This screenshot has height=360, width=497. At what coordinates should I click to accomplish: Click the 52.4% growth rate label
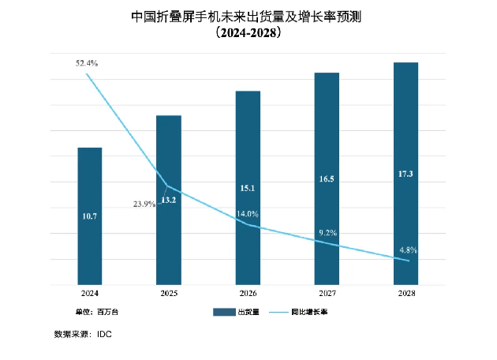87,62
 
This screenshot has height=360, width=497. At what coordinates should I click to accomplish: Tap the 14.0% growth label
248,214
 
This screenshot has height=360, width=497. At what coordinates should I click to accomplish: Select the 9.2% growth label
327,232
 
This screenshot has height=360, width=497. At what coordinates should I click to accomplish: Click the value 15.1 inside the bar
248,188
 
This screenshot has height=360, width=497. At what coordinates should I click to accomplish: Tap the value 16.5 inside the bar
327,180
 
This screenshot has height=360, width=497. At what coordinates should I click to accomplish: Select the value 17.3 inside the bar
405,173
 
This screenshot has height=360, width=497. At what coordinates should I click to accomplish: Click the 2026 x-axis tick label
248,293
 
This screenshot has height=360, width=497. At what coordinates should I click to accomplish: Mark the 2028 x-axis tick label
405,293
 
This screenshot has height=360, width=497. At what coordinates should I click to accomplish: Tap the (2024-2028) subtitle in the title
248,35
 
